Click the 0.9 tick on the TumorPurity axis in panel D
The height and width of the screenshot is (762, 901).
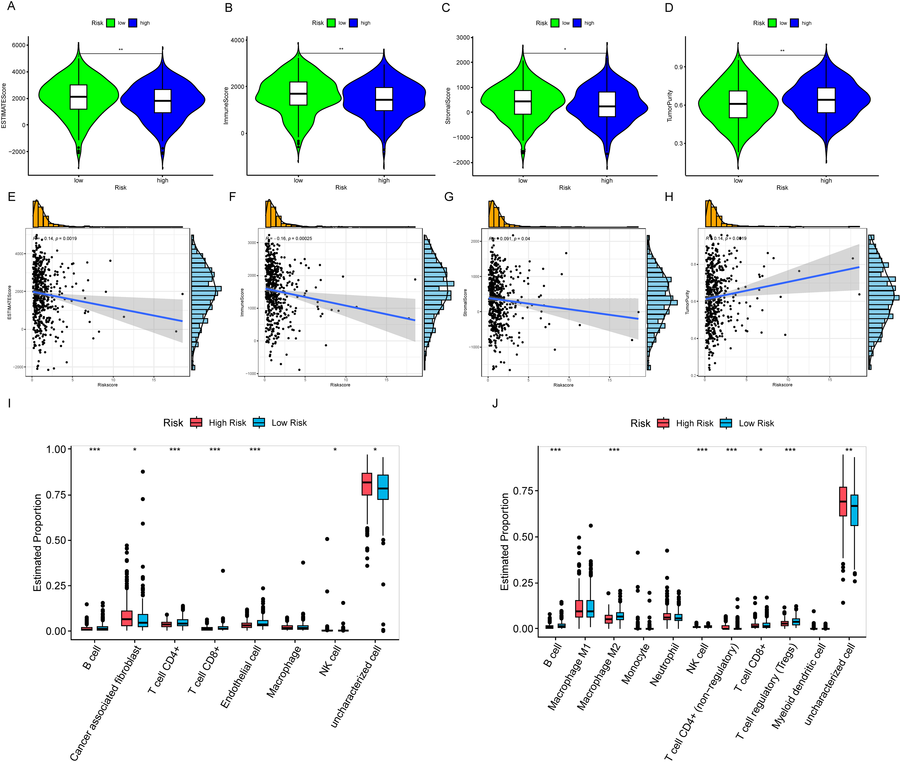(x=679, y=67)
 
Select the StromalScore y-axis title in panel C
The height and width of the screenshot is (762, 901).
(x=448, y=106)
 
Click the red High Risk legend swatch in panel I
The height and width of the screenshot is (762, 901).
(x=196, y=422)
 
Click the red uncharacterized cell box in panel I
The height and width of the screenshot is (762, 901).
(x=367, y=484)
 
